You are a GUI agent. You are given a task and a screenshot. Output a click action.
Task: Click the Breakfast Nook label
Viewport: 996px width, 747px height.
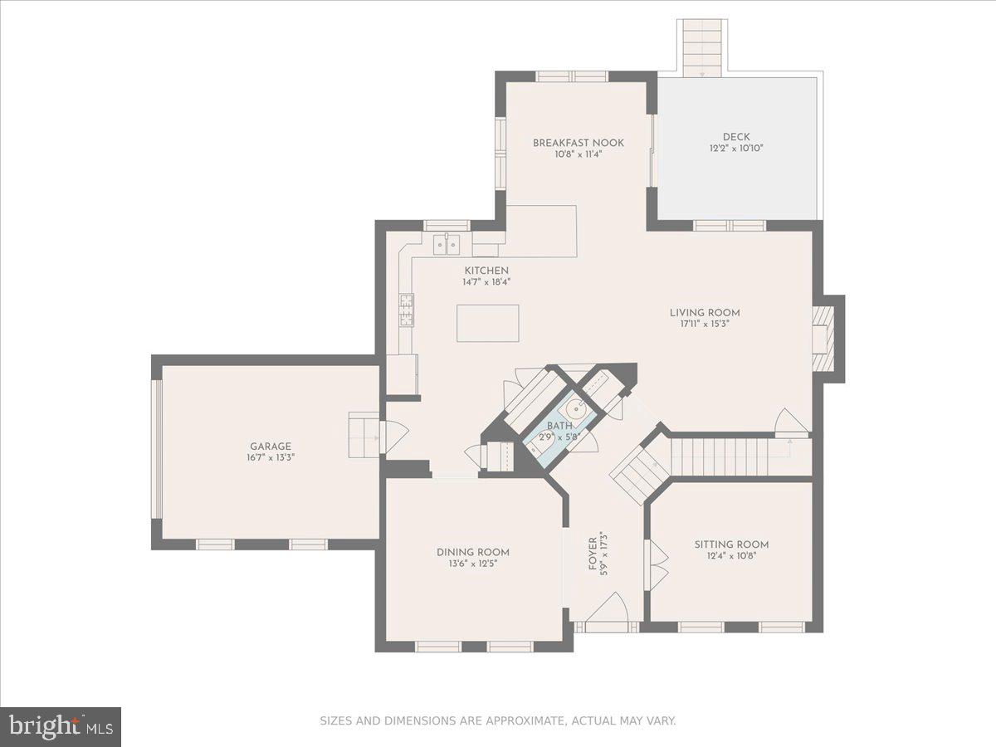pyautogui.click(x=578, y=143)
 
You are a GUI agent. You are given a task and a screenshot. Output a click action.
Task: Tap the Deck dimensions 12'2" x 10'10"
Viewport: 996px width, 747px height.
pyautogui.click(x=735, y=149)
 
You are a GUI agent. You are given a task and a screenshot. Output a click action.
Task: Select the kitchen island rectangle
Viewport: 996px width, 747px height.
pyautogui.click(x=487, y=323)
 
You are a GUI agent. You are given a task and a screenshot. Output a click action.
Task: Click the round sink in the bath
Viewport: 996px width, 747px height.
pyautogui.click(x=579, y=408)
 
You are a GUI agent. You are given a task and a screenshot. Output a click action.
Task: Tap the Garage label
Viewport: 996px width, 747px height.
pyautogui.click(x=271, y=447)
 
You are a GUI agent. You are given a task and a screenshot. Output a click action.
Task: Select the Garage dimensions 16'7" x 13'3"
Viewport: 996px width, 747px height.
pyautogui.click(x=271, y=457)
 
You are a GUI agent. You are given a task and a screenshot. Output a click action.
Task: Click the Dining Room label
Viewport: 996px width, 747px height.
pyautogui.click(x=473, y=552)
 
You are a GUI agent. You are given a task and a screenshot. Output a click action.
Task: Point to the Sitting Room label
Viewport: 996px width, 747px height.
pyautogui.click(x=731, y=544)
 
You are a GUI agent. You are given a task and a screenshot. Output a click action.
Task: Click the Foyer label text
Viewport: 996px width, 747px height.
pyautogui.click(x=593, y=554)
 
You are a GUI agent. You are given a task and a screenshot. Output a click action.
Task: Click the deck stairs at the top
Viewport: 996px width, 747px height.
pyautogui.click(x=701, y=47)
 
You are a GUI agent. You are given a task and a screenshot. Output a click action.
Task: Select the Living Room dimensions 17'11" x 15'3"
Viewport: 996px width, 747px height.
pyautogui.click(x=705, y=324)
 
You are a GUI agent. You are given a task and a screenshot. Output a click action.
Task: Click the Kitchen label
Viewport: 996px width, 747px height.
pyautogui.click(x=486, y=271)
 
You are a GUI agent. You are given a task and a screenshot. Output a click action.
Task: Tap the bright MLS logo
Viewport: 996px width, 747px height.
pyautogui.click(x=61, y=726)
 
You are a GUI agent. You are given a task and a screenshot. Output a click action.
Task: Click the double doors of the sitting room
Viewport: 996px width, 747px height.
pyautogui.click(x=657, y=565)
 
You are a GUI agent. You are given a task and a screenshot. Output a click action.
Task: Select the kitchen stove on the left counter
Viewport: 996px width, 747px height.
pyautogui.click(x=407, y=310)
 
